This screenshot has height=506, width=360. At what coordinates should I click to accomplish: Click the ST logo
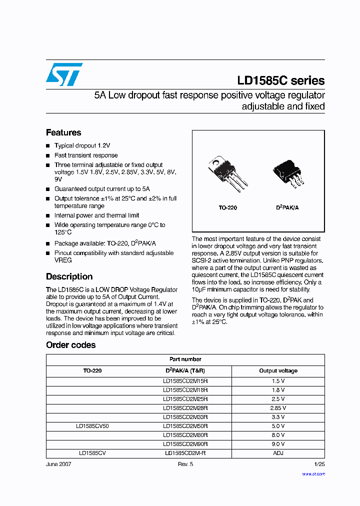64,74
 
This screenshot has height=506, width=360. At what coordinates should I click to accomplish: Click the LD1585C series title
280,81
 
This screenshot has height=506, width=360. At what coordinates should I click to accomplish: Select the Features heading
63,132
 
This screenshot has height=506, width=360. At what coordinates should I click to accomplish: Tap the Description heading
69,276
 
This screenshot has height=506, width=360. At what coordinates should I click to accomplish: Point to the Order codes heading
70,345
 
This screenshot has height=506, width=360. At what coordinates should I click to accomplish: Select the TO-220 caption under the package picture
227,207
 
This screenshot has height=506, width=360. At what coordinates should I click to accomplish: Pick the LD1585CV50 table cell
92,426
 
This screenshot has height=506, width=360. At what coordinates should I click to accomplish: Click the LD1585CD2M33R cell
185,417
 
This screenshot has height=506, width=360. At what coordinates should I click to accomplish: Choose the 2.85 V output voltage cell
277,408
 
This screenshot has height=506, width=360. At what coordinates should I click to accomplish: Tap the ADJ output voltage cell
277,453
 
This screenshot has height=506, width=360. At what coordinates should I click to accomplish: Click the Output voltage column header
278,371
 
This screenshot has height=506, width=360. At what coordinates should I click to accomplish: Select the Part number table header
185,359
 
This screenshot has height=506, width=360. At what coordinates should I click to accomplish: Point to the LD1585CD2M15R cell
185,381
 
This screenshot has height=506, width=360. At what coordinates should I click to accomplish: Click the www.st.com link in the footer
313,473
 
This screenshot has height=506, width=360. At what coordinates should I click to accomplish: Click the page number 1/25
319,464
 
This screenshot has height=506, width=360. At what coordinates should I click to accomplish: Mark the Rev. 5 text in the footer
185,464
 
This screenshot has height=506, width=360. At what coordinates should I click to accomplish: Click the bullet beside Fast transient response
48,155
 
